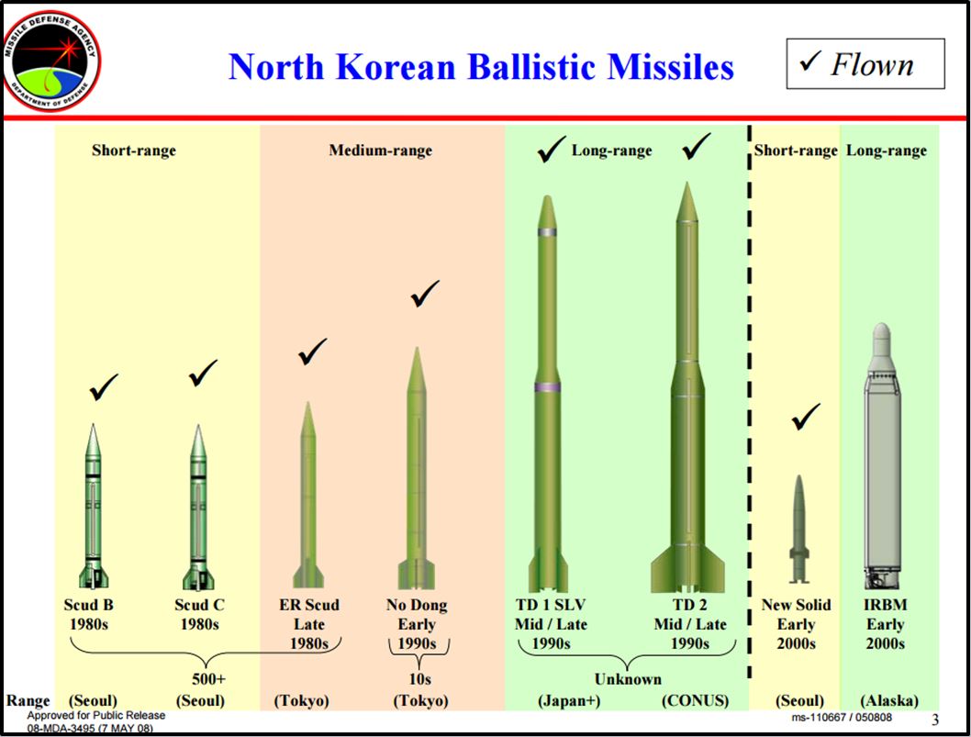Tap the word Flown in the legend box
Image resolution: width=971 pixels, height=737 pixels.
872,64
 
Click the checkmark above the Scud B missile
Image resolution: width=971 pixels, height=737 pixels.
104,387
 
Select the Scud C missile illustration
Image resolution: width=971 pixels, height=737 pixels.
198,507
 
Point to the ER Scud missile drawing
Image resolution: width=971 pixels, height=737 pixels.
308,495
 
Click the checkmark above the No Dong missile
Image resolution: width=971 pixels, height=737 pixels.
425,293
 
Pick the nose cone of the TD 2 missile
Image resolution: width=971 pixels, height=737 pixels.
686,202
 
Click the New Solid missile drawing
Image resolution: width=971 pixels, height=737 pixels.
798,529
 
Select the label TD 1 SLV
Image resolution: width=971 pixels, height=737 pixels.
550,605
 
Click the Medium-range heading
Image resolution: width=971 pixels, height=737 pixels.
380,151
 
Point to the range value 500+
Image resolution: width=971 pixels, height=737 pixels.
208,679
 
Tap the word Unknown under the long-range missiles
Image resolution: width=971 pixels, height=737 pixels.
628,679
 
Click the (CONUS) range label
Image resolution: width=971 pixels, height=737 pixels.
695,700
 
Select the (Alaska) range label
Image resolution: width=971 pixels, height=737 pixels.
889,700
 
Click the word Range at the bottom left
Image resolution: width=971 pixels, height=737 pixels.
28,700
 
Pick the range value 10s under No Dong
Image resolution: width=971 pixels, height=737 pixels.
419,679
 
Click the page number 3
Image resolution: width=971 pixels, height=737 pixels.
935,719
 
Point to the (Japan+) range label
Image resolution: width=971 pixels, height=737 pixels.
569,700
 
